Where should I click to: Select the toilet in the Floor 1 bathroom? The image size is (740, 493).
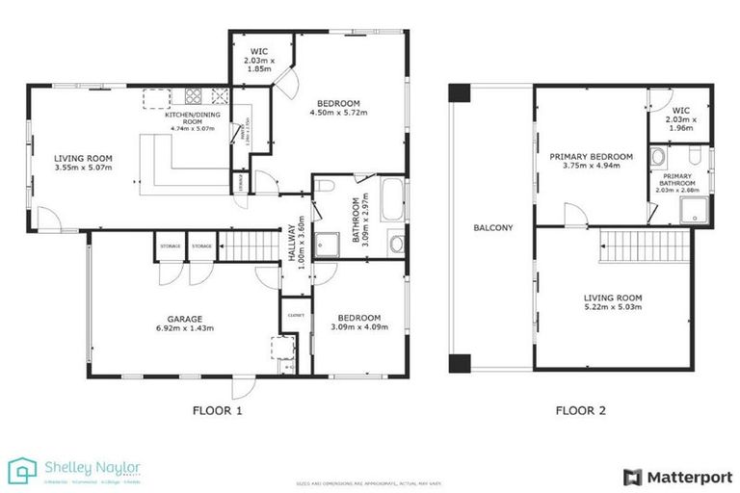[x=325, y=186]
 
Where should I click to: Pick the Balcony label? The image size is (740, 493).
[x=492, y=228]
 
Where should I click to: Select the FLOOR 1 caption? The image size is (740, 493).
[x=218, y=411]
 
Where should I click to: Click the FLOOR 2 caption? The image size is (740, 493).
[x=580, y=411]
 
